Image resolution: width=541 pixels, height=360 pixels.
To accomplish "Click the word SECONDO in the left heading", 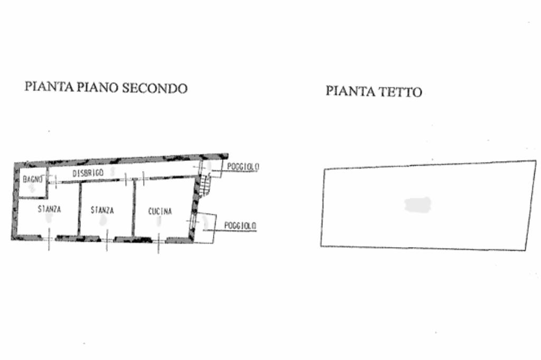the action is pyautogui.click(x=155, y=88).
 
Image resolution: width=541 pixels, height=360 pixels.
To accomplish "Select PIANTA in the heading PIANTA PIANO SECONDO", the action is pyautogui.click(x=50, y=87).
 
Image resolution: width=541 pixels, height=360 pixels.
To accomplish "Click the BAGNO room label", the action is pyautogui.click(x=32, y=179).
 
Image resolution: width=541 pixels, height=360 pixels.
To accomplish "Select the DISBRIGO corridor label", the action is pyautogui.click(x=88, y=173).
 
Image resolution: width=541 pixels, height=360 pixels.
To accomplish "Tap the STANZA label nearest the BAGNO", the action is pyautogui.click(x=49, y=210).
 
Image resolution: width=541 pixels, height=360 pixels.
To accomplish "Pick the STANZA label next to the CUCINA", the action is pyautogui.click(x=102, y=210).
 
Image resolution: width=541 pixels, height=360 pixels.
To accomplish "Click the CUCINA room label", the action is pyautogui.click(x=160, y=212).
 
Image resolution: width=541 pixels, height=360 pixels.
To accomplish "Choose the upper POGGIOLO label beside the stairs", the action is pyautogui.click(x=243, y=167).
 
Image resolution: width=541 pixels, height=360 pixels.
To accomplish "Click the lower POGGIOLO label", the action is pyautogui.click(x=240, y=225).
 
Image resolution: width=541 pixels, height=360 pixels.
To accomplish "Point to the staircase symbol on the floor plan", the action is pyautogui.click(x=206, y=183).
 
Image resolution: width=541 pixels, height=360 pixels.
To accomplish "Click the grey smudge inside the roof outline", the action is pyautogui.click(x=418, y=205).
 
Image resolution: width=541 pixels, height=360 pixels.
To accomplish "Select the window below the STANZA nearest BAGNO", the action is pyautogui.click(x=49, y=238).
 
